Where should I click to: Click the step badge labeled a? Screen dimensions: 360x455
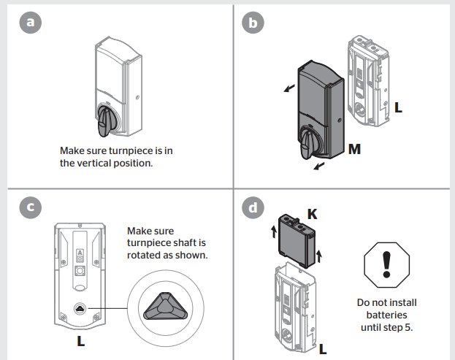[x=30, y=23]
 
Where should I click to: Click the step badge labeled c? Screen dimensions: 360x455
[x=30, y=207]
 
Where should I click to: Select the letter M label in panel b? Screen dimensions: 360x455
[x=354, y=150]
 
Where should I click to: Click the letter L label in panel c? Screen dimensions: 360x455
[x=80, y=341]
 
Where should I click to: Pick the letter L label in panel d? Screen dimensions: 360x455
[x=322, y=349]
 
